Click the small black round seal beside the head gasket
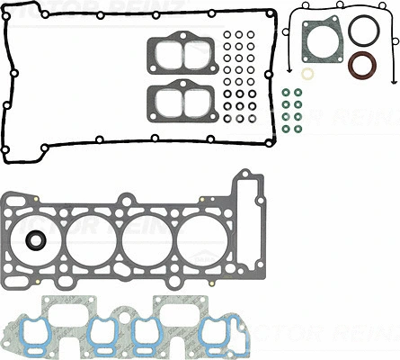pyautogui.click(x=35, y=240)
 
